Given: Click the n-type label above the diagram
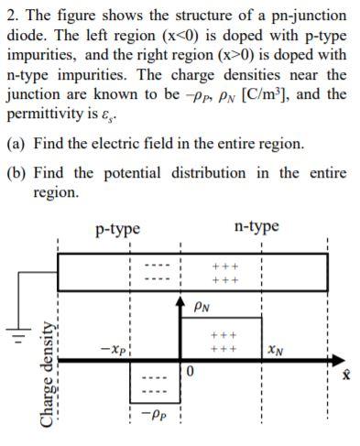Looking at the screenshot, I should coord(256,227).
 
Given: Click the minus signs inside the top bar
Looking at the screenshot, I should coord(157,272).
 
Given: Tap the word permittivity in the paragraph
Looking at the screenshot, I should coord(43,117).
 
